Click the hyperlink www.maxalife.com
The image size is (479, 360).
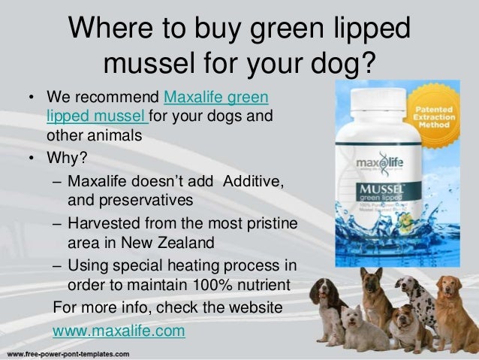pos(118,330)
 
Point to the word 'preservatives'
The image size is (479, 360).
pos(130,201)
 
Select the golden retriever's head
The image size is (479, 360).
pos(449,290)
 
